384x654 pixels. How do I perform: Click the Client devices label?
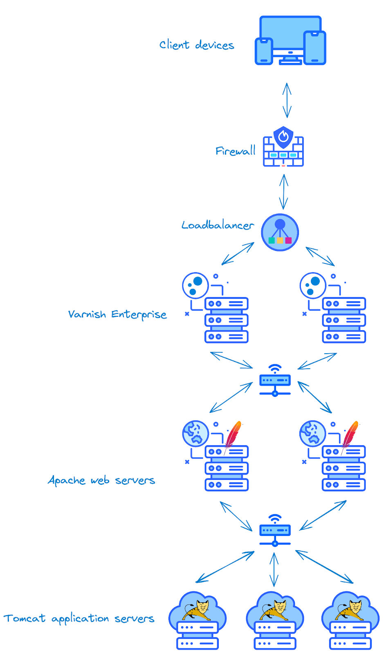click(x=196, y=45)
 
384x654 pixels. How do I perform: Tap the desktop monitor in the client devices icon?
click(x=290, y=35)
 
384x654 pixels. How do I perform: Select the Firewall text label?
click(x=235, y=151)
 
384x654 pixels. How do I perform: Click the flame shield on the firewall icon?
click(x=283, y=137)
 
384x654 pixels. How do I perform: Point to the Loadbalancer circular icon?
click(x=280, y=232)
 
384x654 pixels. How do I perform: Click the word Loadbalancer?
click(x=218, y=225)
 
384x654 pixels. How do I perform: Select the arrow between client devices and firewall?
click(x=287, y=100)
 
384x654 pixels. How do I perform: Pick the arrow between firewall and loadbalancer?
click(x=284, y=192)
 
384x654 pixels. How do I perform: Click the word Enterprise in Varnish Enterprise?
click(x=139, y=314)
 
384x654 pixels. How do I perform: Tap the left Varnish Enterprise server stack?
click(x=226, y=320)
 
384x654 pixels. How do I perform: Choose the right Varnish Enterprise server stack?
click(x=344, y=320)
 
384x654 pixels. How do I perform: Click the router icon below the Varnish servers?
click(x=275, y=381)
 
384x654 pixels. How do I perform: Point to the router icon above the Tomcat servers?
click(x=275, y=531)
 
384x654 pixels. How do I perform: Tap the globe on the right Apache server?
click(x=312, y=433)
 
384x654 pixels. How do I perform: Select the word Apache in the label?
click(x=66, y=480)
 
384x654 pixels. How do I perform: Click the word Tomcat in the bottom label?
click(x=25, y=618)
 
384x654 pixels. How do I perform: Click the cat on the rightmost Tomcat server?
click(x=350, y=609)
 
